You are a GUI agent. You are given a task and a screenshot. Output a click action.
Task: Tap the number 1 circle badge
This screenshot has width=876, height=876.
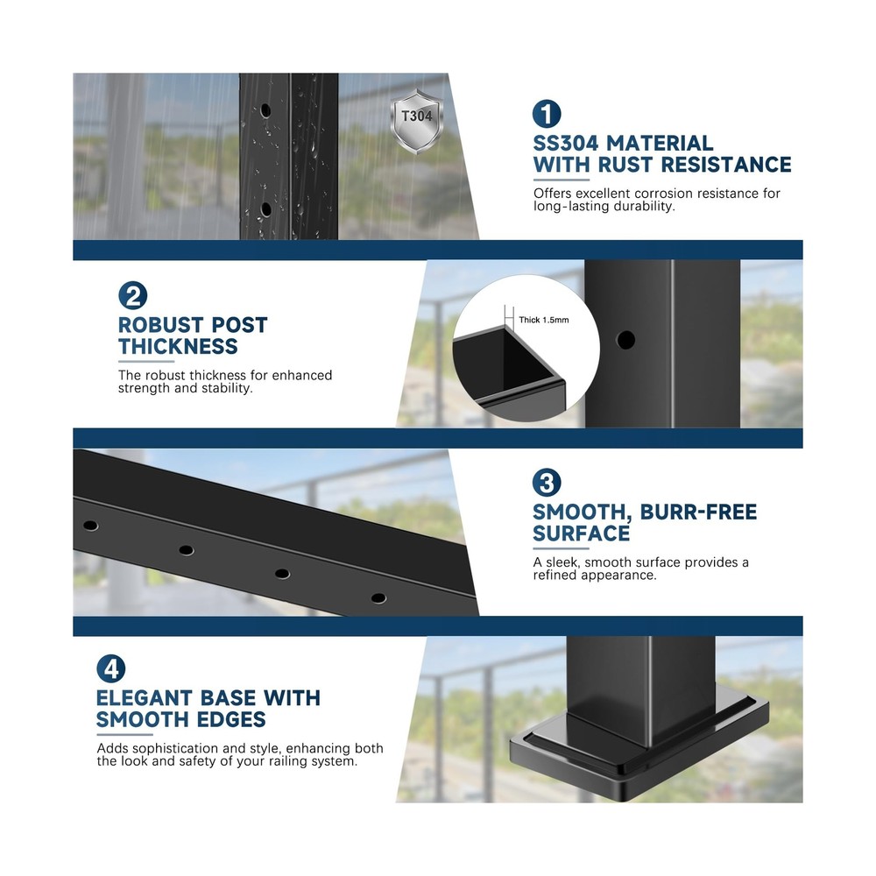tap(547, 114)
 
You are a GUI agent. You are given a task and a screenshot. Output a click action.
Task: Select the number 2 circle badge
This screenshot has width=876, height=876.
tap(132, 296)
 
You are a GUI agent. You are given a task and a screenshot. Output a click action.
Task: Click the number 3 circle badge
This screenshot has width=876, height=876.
tap(547, 483)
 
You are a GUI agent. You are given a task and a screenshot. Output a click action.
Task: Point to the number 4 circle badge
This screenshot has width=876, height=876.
tap(110, 669)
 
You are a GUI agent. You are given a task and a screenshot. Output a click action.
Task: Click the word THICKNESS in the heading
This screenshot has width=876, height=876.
tap(178, 347)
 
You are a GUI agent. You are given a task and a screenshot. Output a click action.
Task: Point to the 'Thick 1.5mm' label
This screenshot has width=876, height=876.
tap(543, 321)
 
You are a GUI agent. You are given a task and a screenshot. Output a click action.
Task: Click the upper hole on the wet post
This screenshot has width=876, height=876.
tap(265, 111)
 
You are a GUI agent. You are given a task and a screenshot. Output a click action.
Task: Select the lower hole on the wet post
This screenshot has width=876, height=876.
tap(265, 208)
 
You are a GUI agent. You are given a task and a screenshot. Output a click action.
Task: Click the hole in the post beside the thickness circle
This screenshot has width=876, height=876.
tap(625, 340)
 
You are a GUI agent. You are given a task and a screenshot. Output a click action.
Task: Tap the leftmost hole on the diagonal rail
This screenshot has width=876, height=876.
tap(90, 526)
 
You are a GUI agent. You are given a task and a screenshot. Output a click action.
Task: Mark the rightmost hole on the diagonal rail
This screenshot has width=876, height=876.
tap(378, 598)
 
